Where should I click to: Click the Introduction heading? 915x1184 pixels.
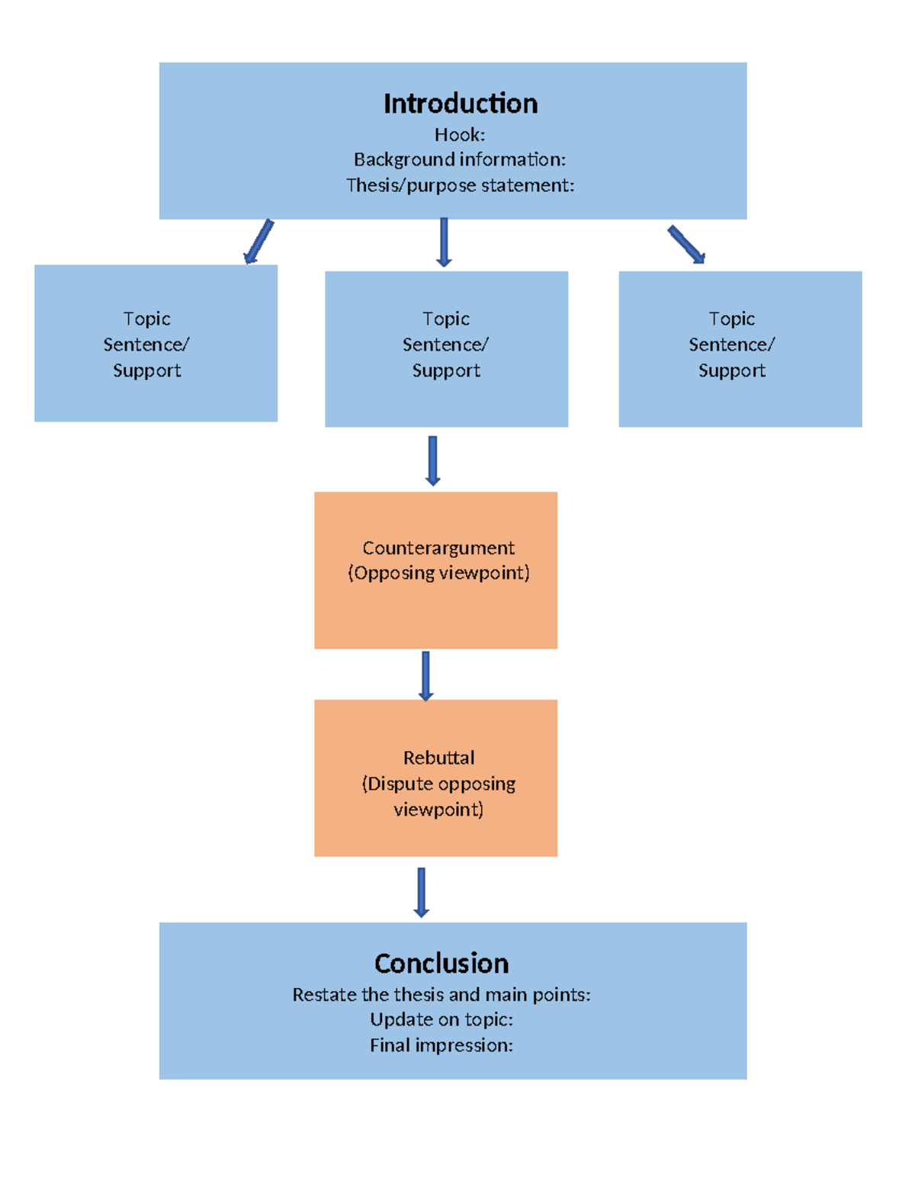(x=460, y=104)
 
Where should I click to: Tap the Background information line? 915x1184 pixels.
(x=459, y=159)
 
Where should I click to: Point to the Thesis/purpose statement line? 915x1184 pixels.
(x=460, y=185)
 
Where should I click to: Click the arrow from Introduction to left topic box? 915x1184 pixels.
(x=258, y=241)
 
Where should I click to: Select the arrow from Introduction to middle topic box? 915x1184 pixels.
(x=444, y=242)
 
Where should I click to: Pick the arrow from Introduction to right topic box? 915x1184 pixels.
(x=686, y=245)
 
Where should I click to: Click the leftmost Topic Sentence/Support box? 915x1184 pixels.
(x=156, y=343)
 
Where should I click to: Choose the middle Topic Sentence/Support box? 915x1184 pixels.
(x=446, y=348)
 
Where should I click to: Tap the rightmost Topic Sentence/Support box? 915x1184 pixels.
(x=740, y=348)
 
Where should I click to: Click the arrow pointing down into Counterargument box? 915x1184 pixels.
(x=432, y=460)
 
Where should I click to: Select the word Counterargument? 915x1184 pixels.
(x=438, y=547)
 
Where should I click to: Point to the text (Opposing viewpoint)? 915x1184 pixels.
(x=438, y=573)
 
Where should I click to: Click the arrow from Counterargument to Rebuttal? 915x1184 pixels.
(x=425, y=675)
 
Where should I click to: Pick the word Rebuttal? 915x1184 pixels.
(x=438, y=758)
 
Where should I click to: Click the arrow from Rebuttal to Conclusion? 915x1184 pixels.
(x=421, y=892)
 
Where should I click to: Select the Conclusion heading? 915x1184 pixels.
(x=441, y=964)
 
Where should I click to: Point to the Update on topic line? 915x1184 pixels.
(x=441, y=1019)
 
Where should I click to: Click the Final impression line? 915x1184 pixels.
(x=441, y=1045)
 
